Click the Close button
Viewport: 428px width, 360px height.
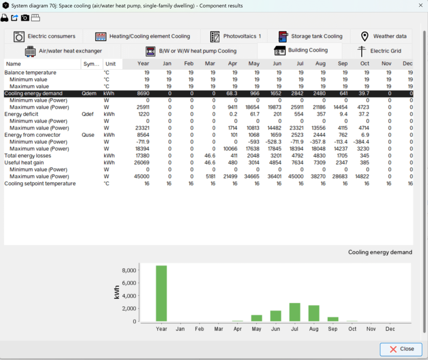pos(401,349)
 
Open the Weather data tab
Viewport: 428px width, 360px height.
pos(381,36)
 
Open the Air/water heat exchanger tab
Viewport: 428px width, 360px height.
pos(64,51)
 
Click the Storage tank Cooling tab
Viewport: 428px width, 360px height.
pos(310,36)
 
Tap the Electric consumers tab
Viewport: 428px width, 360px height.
pos(44,36)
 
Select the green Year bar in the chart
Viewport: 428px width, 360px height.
pos(161,294)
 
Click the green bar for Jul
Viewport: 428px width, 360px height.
pos(295,312)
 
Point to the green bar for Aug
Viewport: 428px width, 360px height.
pos(314,313)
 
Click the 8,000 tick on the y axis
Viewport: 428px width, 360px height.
pos(127,271)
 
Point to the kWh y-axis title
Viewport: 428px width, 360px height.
pos(117,292)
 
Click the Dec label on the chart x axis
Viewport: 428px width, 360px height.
pos(390,329)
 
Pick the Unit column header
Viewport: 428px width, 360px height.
pos(111,64)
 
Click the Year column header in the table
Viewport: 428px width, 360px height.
pos(143,64)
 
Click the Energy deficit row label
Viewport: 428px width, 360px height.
pos(21,114)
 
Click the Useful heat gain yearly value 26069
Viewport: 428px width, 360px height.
pos(142,163)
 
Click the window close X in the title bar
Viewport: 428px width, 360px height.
pos(420,5)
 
